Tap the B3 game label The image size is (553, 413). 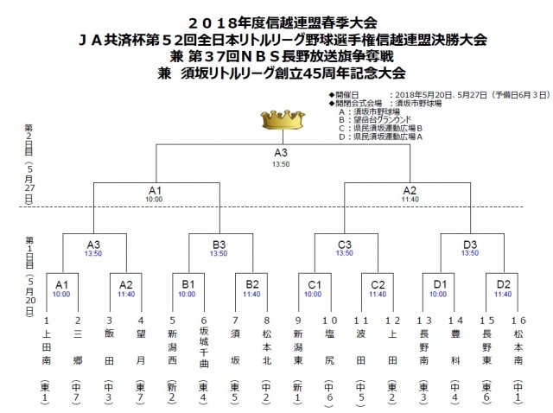tap(219, 244)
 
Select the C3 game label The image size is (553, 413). tap(345, 244)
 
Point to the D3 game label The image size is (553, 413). tap(470, 244)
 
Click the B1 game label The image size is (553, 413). tap(188, 283)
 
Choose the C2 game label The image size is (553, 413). tap(378, 283)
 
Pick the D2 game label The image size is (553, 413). tap(504, 283)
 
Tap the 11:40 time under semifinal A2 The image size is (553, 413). tap(410, 200)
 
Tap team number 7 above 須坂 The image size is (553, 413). tap(235, 319)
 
